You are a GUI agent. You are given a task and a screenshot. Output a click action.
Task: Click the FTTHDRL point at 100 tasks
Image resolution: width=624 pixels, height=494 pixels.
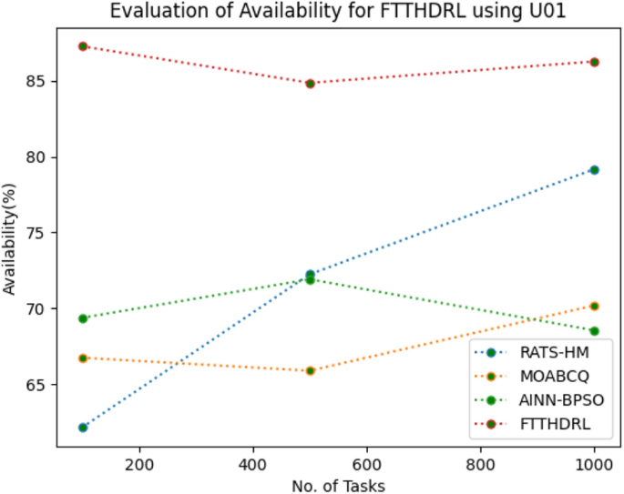[x=83, y=45]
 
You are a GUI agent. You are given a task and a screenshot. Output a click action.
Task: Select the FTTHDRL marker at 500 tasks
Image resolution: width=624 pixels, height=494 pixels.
[x=311, y=83]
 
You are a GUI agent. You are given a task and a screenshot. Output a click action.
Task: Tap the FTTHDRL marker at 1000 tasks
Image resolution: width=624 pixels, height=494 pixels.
[x=595, y=62]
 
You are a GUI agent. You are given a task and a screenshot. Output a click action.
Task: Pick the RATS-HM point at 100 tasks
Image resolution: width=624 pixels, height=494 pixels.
[x=83, y=428]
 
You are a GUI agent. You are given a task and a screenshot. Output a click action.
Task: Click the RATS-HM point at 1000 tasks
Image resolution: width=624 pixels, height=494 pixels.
[x=595, y=169]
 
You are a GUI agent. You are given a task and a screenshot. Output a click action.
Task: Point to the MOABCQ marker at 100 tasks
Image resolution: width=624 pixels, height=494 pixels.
[x=83, y=358]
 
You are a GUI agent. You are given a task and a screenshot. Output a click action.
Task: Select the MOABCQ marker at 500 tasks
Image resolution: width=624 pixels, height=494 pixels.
[x=311, y=370]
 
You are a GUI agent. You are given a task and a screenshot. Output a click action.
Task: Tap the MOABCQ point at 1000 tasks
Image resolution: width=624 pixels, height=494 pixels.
[x=595, y=306]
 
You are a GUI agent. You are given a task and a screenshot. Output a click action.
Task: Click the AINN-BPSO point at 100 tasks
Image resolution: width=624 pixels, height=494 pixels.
[x=83, y=318]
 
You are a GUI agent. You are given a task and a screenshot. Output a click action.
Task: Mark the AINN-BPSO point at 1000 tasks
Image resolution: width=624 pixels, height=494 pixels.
[x=595, y=331]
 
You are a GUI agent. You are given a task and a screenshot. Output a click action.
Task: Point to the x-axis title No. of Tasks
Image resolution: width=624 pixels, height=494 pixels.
[x=338, y=485]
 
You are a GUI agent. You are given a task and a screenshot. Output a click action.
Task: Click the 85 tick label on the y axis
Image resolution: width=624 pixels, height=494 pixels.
[x=36, y=81]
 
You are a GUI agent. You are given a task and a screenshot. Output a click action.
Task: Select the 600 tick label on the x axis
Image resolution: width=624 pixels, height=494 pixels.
[x=366, y=462]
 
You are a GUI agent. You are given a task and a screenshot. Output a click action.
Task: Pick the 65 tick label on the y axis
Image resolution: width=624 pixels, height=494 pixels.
[x=36, y=385]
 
